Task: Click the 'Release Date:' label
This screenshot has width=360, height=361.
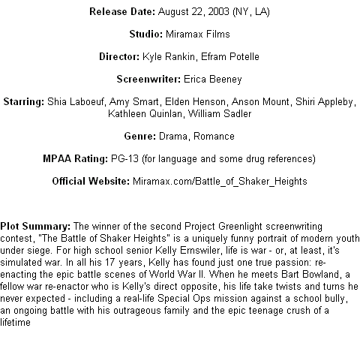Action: tap(122, 11)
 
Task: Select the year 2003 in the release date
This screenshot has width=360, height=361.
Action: tap(218, 11)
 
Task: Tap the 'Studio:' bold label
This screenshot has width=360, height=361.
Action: tap(146, 34)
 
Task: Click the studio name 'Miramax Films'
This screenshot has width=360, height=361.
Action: tap(198, 34)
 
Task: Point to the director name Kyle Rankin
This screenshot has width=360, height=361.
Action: tap(169, 57)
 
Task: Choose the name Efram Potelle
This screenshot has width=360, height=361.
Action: tap(230, 56)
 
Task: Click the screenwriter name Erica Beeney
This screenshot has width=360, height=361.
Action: tap(213, 80)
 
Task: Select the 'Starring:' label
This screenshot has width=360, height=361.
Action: tap(24, 102)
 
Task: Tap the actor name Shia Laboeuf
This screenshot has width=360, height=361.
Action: tap(75, 102)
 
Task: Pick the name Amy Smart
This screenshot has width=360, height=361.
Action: tap(133, 102)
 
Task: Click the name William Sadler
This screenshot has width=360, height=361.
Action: tap(220, 113)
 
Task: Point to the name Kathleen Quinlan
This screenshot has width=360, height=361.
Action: tap(145, 113)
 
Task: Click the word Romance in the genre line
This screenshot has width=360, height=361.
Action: tap(214, 136)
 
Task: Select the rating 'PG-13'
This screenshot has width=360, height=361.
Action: tap(124, 158)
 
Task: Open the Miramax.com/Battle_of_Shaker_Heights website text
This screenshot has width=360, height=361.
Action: tap(220, 182)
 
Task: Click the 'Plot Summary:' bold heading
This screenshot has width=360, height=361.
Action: tap(35, 227)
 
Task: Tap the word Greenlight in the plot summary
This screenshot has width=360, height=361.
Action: tap(240, 227)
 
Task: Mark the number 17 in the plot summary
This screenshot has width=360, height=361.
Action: tap(109, 263)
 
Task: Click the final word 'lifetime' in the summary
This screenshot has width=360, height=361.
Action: tap(15, 322)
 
